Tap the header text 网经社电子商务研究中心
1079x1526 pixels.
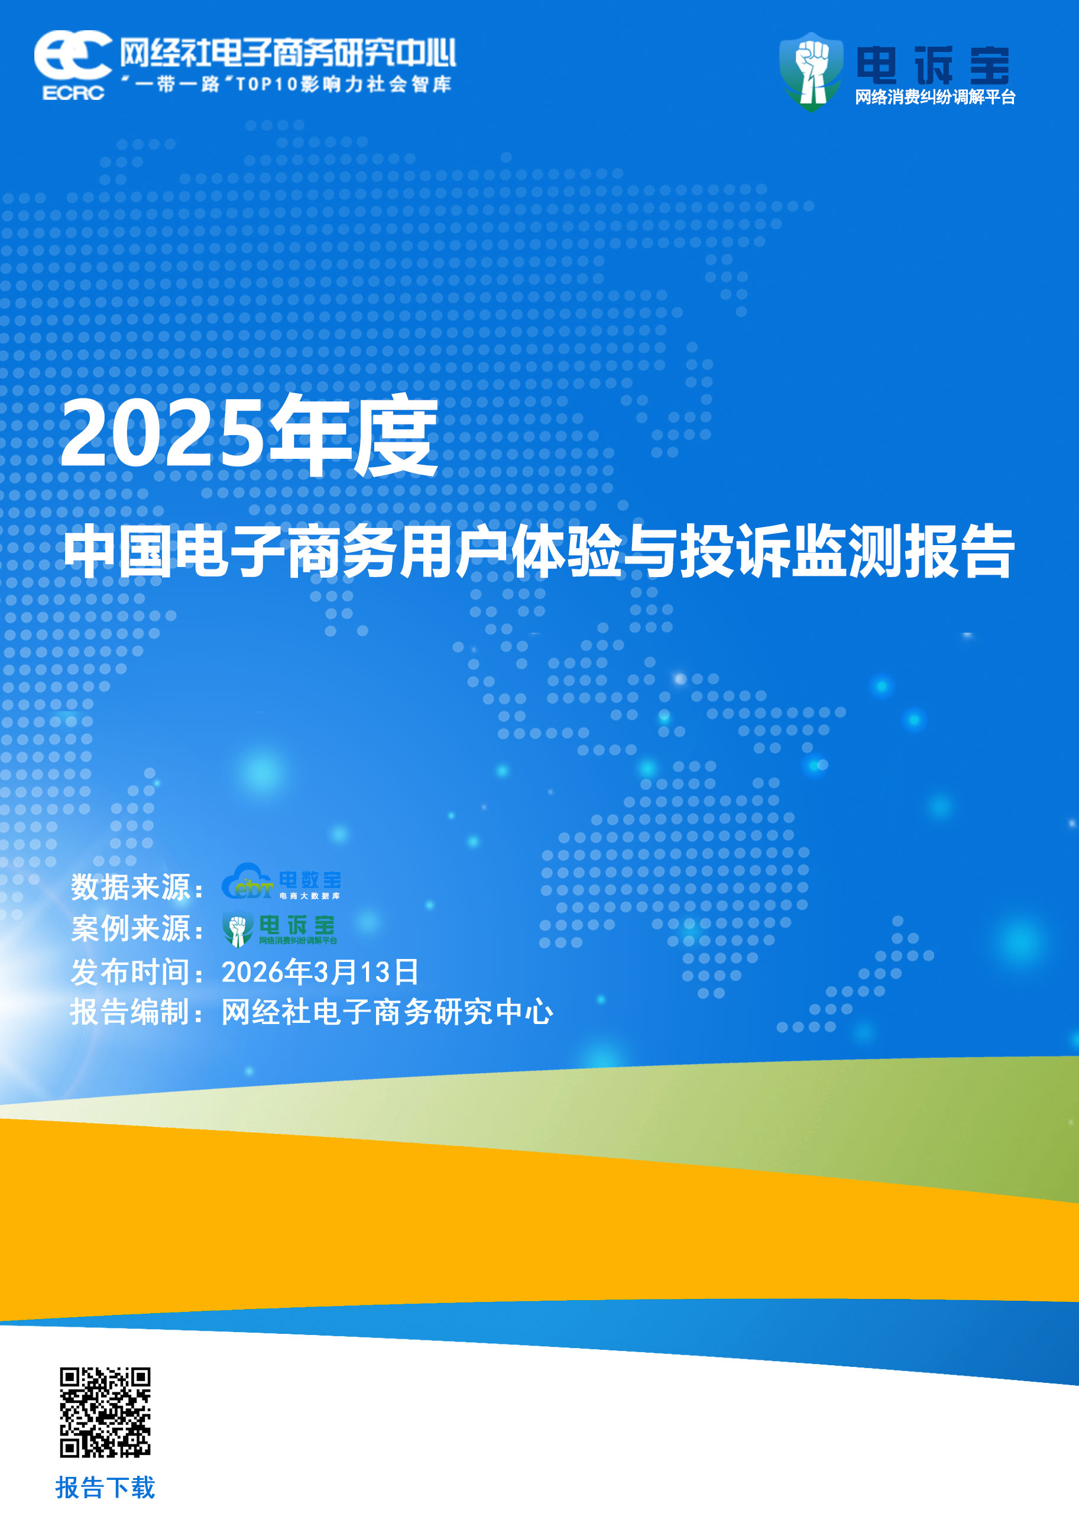pyautogui.click(x=288, y=53)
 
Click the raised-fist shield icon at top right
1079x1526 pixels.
pyautogui.click(x=811, y=70)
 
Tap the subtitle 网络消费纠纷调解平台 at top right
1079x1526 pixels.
pyautogui.click(x=935, y=97)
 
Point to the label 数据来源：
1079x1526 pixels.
pyautogui.click(x=137, y=887)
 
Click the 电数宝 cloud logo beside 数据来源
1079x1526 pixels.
pyautogui.click(x=281, y=882)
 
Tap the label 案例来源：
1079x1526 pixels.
pyautogui.click(x=137, y=928)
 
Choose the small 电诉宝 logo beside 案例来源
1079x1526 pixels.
pyautogui.click(x=280, y=928)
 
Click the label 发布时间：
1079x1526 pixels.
pyautogui.click(x=137, y=973)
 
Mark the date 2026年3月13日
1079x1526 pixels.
pyautogui.click(x=320, y=973)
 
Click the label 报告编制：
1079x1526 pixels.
pyautogui.click(x=137, y=1012)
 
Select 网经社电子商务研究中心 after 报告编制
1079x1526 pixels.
pyautogui.click(x=387, y=1012)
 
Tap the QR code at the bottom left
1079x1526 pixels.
pyautogui.click(x=105, y=1412)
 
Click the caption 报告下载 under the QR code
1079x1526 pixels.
pyautogui.click(x=105, y=1488)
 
